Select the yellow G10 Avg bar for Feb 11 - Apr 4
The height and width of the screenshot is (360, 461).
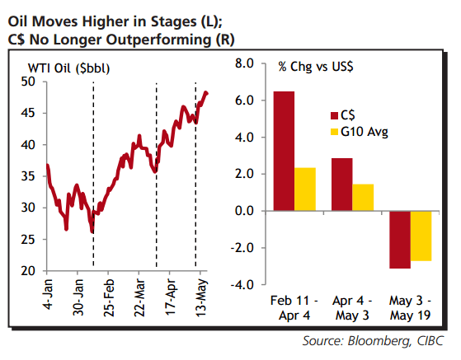304,189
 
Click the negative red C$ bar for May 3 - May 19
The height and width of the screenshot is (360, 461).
401,240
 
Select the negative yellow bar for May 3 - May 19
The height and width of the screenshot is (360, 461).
421,236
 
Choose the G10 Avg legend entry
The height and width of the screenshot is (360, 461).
360,131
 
